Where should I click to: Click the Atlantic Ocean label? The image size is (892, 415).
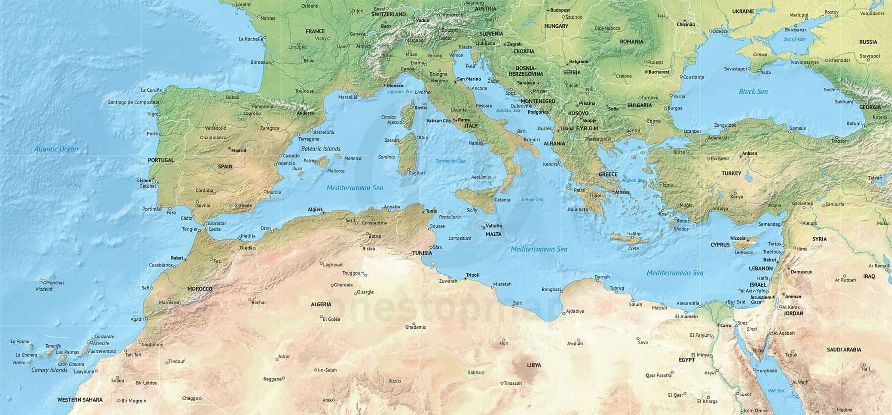pyautogui.click(x=56, y=149)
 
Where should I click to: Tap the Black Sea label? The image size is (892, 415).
pyautogui.click(x=753, y=92)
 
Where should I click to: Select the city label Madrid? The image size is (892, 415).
pyautogui.click(x=238, y=151)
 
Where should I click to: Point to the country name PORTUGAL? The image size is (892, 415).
pyautogui.click(x=161, y=160)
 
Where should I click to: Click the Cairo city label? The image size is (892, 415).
pyautogui.click(x=725, y=326)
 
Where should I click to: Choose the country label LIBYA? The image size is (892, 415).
pyautogui.click(x=534, y=365)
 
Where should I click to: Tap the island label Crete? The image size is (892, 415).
pyautogui.click(x=633, y=249)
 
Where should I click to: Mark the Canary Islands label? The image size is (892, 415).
pyautogui.click(x=49, y=370)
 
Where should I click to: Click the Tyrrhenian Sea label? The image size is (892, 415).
pyautogui.click(x=450, y=161)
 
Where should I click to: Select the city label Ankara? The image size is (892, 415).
pyautogui.click(x=749, y=154)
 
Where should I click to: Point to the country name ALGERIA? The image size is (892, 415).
pyautogui.click(x=321, y=305)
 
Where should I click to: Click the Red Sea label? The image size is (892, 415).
pyautogui.click(x=776, y=391)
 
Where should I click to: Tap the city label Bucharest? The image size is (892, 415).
pyautogui.click(x=659, y=72)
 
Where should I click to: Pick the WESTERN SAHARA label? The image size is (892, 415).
pyautogui.click(x=80, y=400)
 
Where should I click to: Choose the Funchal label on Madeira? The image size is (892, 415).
pyautogui.click(x=56, y=283)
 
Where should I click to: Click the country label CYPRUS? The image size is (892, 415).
pyautogui.click(x=720, y=245)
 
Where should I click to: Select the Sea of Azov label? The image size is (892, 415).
pyautogui.click(x=794, y=39)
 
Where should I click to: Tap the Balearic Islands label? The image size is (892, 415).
pyautogui.click(x=321, y=149)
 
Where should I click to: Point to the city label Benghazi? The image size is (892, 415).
pyautogui.click(x=551, y=290)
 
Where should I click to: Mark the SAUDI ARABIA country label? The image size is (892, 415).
pyautogui.click(x=843, y=350)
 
